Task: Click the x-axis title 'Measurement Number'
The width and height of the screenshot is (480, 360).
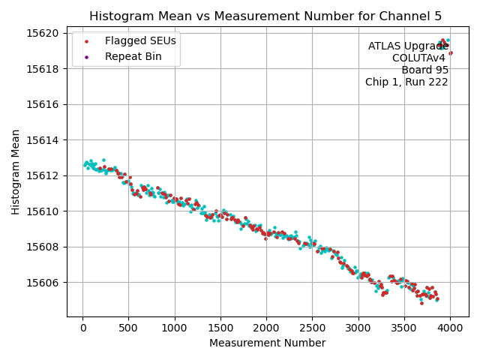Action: tap(267, 343)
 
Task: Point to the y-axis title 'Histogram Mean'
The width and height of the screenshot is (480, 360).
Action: tap(16, 172)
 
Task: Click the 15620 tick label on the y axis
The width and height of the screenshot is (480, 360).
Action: tap(43, 33)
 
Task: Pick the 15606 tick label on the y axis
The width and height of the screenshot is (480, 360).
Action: tap(43, 283)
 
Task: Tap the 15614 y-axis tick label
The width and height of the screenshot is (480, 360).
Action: tap(43, 140)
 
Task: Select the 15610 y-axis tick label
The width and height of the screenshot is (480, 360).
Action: tap(43, 211)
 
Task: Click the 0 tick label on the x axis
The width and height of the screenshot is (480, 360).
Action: tap(83, 328)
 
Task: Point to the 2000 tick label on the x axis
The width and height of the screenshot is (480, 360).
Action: tap(266, 328)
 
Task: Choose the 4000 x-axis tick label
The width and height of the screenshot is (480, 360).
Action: tap(450, 328)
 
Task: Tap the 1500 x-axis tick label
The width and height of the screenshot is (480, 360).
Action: tap(220, 328)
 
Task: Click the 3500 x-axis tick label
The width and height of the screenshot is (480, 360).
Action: tap(404, 328)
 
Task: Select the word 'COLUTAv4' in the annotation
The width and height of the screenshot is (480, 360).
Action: tap(420, 58)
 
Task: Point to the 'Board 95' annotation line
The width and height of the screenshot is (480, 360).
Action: tap(424, 70)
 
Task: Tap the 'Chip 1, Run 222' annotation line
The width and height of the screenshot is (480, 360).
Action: tap(406, 82)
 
